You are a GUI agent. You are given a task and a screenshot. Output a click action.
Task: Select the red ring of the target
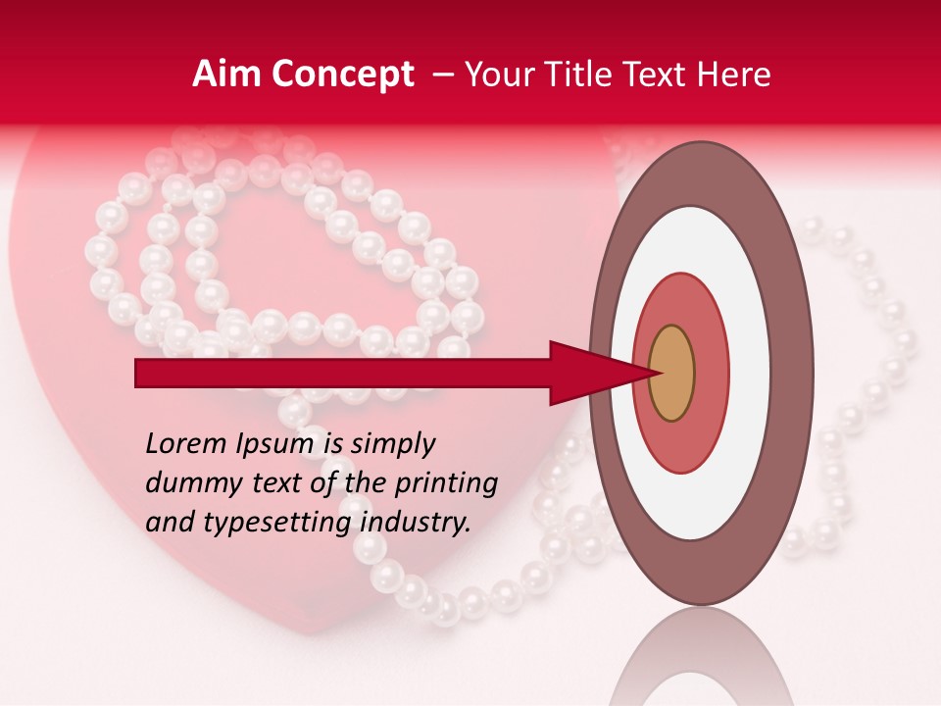(x=711, y=374)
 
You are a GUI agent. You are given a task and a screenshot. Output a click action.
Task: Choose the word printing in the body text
(x=446, y=484)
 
